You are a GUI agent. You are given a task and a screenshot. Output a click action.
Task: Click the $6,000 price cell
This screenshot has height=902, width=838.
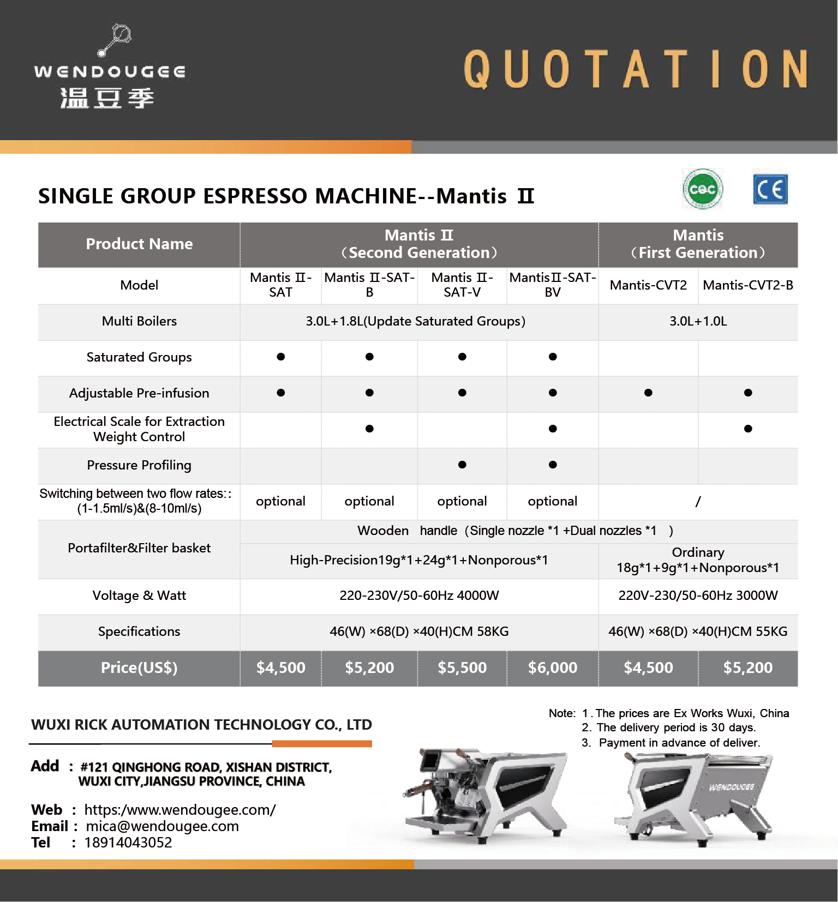coord(552,668)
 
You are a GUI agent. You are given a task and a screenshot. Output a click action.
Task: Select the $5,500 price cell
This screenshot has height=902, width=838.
coord(462,668)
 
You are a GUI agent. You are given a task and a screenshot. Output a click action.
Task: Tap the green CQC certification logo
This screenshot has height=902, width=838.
coord(702,189)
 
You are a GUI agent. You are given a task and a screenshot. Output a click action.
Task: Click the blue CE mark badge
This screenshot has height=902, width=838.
coord(770,189)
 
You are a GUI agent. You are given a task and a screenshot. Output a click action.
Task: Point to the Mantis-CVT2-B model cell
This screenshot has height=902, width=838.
coord(747,285)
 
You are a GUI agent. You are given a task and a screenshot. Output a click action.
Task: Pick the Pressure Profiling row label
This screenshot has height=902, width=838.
coord(139,465)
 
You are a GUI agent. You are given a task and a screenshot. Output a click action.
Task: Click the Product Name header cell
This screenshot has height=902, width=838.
coord(139,244)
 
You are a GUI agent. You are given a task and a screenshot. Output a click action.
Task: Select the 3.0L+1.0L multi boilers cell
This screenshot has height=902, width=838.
coord(698,321)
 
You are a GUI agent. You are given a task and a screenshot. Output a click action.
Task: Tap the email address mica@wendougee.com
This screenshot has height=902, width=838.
coord(162,826)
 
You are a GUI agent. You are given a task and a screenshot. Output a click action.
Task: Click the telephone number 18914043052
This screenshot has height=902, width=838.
coord(128,843)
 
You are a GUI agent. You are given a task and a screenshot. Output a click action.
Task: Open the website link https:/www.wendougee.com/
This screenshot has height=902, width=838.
coord(180,810)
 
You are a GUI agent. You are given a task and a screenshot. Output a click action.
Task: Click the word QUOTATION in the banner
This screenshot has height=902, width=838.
coord(636,69)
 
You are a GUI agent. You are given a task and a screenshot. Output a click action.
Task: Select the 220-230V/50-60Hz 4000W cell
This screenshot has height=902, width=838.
coord(419,596)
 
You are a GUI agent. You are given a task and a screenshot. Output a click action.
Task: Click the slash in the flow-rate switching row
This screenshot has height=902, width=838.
coord(698,501)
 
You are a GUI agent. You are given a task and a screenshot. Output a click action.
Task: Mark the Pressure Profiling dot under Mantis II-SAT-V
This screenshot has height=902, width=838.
coord(462,465)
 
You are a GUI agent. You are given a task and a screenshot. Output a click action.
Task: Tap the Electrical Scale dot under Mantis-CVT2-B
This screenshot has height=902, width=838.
coord(748,429)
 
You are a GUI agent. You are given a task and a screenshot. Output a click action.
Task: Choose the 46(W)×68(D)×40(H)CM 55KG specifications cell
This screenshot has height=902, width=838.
coord(698,632)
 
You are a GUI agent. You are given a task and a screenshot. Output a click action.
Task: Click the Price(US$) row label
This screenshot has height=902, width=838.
coord(139,668)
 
